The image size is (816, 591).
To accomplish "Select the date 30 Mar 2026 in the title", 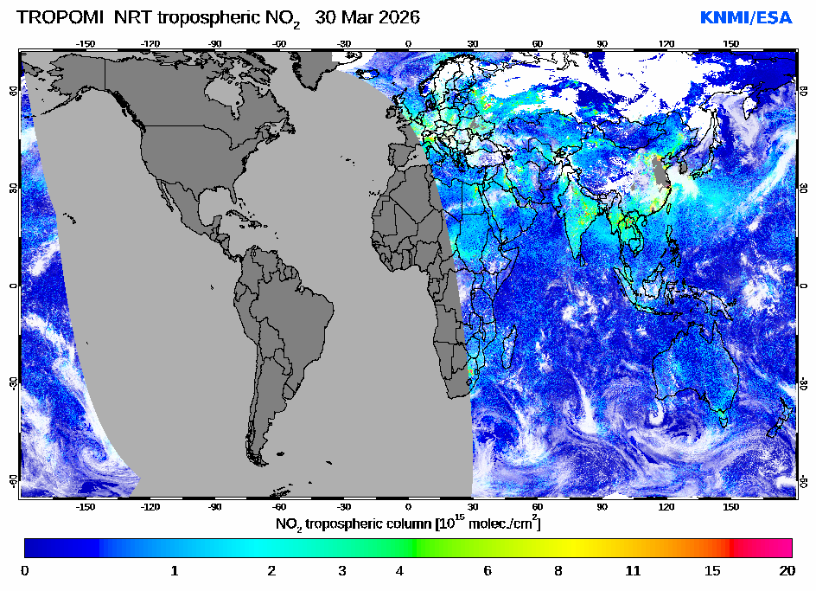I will click(367, 17).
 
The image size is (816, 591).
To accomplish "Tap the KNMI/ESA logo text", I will click(745, 17).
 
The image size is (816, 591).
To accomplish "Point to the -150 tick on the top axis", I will click(86, 43).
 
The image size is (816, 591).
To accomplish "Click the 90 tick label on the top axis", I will click(602, 43).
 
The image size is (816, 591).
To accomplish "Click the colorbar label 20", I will click(787, 571).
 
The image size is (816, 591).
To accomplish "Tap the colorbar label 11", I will click(634, 571).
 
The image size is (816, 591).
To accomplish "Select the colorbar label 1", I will click(175, 571).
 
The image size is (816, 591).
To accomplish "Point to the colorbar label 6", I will click(488, 571).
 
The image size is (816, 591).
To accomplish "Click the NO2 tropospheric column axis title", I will click(408, 524).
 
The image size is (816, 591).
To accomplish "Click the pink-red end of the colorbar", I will click(774, 548).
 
